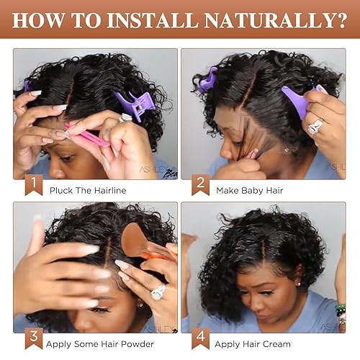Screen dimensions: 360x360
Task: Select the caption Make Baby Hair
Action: tap(250, 191)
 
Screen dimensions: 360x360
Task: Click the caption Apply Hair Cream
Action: tap(254, 344)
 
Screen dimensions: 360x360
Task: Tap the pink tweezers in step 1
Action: tap(86, 135)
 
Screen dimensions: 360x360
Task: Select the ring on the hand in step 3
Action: tap(156, 292)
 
